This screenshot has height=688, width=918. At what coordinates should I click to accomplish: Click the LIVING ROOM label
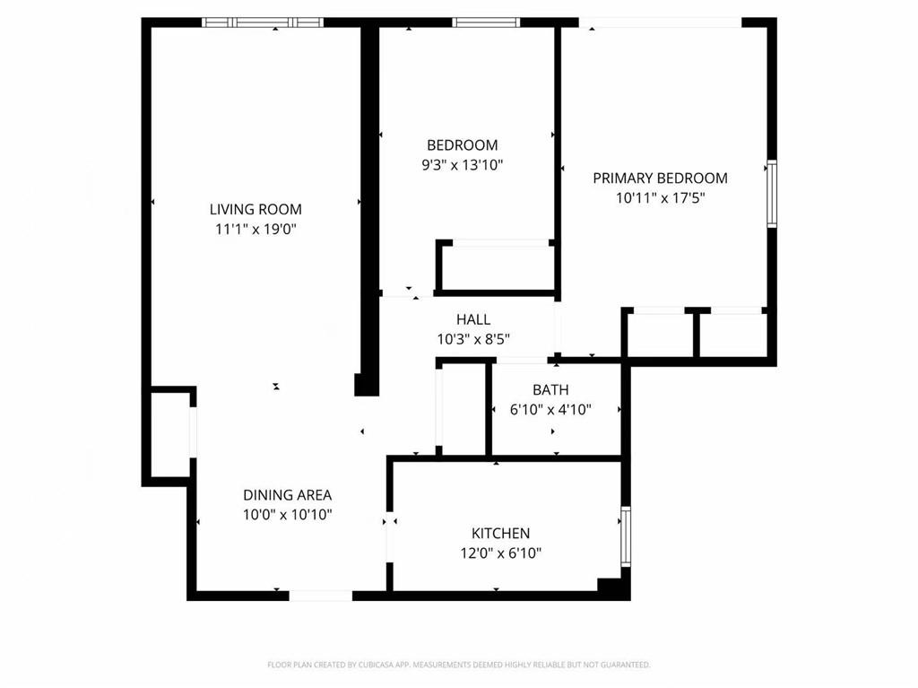tap(255, 209)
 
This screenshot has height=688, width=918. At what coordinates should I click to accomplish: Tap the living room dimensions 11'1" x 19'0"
tap(255, 229)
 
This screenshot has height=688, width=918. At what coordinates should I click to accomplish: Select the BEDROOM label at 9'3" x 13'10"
tap(462, 145)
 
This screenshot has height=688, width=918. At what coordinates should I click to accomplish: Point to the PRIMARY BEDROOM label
tap(660, 178)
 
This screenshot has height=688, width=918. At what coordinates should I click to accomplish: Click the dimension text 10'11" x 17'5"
tap(660, 198)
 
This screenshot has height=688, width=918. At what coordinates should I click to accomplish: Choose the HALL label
tap(473, 319)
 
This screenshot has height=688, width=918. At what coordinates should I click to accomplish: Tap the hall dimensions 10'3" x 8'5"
tap(473, 339)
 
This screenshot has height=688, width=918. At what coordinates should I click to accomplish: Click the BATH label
tap(550, 390)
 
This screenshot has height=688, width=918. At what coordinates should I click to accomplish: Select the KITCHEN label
tap(501, 534)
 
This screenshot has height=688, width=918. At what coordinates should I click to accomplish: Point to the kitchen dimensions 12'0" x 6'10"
tap(501, 553)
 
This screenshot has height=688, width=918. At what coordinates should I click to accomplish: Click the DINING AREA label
tap(288, 495)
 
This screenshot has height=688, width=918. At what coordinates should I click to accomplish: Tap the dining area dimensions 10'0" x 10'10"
tap(288, 515)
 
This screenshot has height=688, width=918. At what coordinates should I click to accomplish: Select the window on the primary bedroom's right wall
tap(771, 193)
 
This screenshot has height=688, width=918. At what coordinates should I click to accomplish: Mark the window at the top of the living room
tap(262, 22)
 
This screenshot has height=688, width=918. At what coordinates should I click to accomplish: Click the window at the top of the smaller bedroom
tap(486, 22)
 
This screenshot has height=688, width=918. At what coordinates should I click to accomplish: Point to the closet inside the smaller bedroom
tap(496, 266)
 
